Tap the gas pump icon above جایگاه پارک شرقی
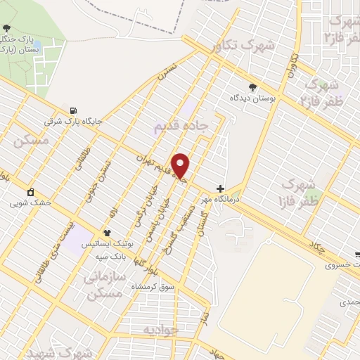point(73,110)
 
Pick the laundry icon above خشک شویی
point(30,193)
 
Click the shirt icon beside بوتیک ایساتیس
point(107,233)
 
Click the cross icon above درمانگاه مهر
point(221,188)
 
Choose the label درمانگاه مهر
point(222,200)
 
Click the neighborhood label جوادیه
point(162,329)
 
